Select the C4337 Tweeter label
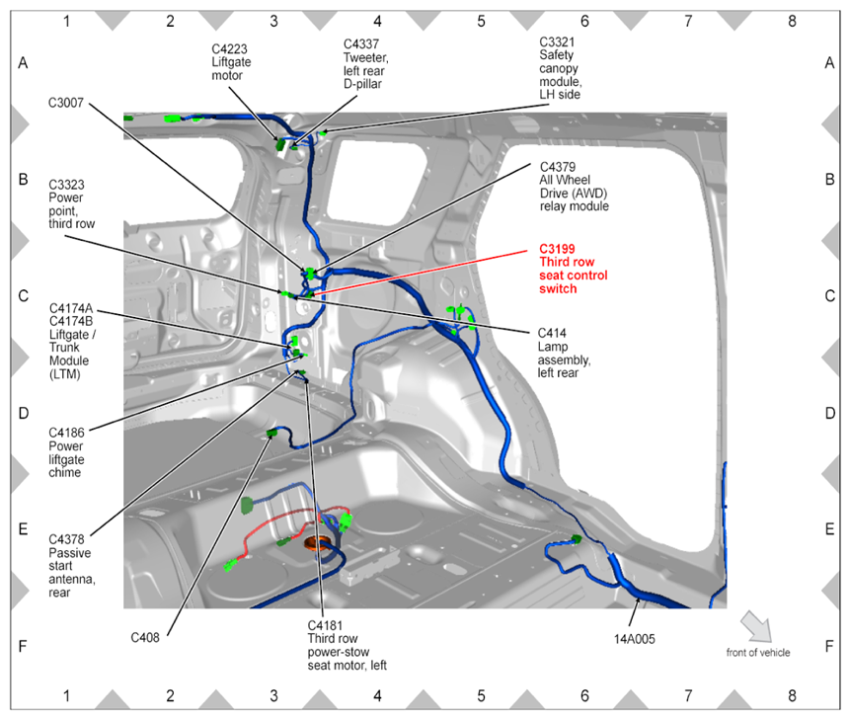(366, 63)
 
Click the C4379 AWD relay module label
(574, 187)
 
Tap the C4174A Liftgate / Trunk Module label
(76, 342)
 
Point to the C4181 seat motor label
(346, 645)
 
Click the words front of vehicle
(757, 652)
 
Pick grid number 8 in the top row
(792, 20)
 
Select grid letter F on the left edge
(23, 647)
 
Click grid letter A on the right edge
(829, 63)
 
